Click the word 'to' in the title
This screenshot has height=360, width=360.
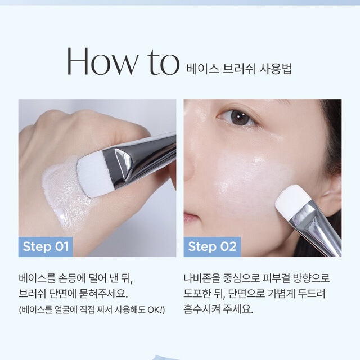pos(163,62)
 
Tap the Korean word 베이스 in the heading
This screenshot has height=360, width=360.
pos(202,69)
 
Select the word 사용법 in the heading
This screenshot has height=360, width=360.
pos(276,69)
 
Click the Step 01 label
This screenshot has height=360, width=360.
pos(46,246)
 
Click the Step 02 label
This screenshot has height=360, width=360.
pos(212,246)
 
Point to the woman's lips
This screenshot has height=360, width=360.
pos(190,219)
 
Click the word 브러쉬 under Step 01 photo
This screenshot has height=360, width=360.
pos(32,294)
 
